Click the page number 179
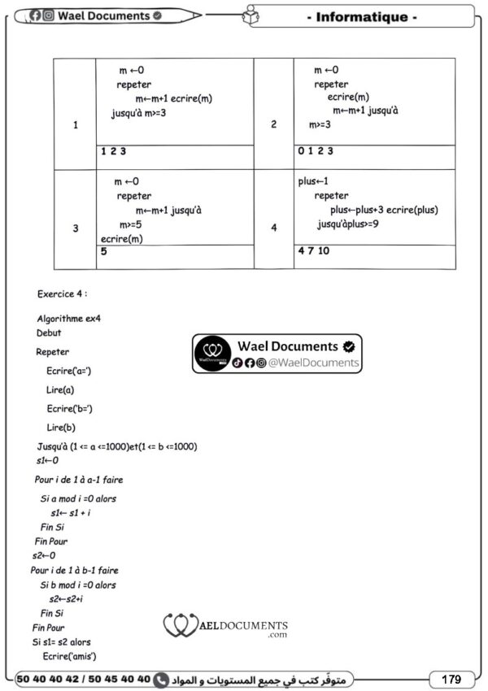click(x=451, y=679)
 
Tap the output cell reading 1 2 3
click(x=113, y=151)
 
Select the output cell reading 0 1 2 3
click(x=316, y=151)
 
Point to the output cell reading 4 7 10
click(x=313, y=251)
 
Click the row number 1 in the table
click(x=75, y=125)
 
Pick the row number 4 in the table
click(x=273, y=228)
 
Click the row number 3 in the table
click(x=75, y=228)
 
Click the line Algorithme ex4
click(x=69, y=318)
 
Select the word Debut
click(x=49, y=333)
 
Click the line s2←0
click(x=44, y=556)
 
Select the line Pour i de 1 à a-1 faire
click(x=79, y=480)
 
